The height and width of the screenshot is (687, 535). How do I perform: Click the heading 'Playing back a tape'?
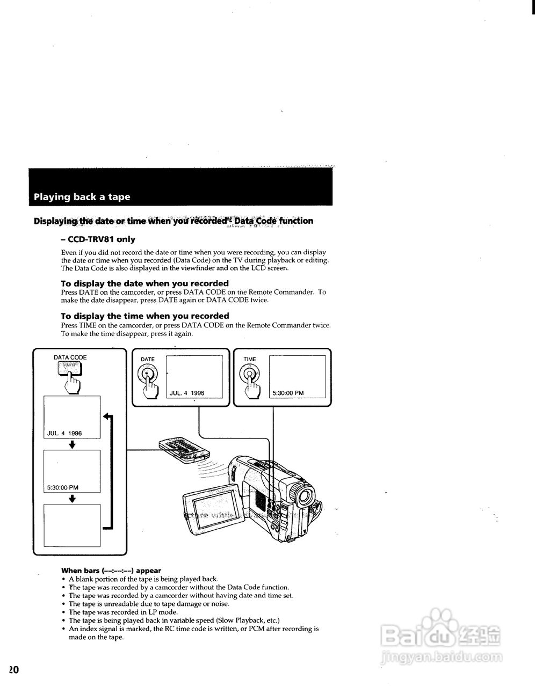[82, 197]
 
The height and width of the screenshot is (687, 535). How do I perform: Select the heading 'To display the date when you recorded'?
[144, 283]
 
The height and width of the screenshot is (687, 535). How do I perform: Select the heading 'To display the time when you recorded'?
[144, 316]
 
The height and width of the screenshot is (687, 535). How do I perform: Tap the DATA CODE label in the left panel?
[70, 357]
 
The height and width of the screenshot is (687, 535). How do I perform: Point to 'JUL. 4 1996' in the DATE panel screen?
[187, 393]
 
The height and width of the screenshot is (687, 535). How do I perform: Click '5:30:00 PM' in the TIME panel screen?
[288, 393]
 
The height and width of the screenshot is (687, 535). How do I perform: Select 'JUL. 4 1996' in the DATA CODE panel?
[64, 433]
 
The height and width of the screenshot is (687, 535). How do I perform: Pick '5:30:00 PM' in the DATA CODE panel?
[63, 487]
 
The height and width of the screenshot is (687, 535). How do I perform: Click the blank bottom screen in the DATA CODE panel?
[72, 525]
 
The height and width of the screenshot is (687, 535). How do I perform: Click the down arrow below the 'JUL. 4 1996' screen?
[72, 444]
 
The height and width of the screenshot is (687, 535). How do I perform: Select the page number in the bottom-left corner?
[13, 670]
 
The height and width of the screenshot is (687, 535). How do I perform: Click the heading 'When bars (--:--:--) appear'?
[111, 571]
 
